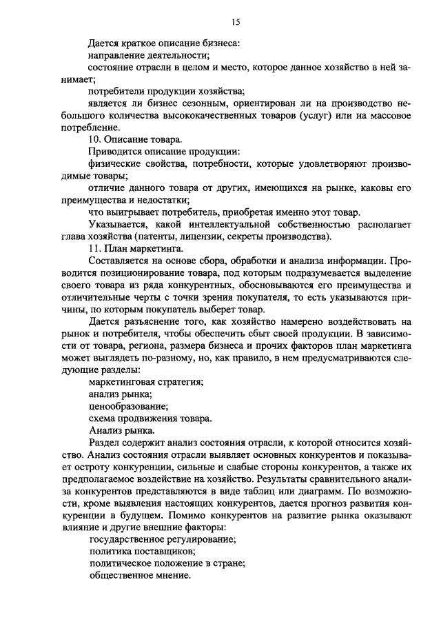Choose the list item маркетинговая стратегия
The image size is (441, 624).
point(146,381)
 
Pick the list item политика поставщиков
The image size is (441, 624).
point(142,551)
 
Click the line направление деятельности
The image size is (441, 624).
point(149,56)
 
